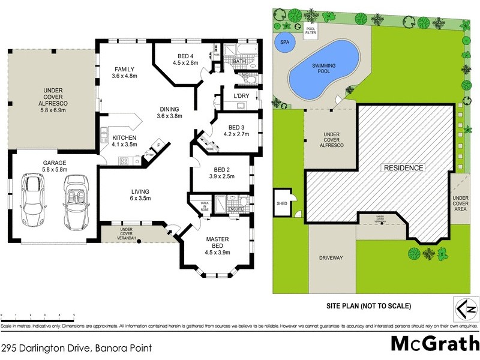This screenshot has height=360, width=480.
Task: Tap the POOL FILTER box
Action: (x=310, y=31)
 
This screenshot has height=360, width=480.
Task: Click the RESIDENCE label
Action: (x=404, y=168)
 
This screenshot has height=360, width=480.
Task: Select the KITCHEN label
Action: (x=124, y=141)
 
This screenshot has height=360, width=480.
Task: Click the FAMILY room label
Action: (x=125, y=73)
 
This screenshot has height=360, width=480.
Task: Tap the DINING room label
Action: (x=169, y=112)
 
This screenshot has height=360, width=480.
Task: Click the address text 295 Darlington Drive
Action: (x=76, y=348)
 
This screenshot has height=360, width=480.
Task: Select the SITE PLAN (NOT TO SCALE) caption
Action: (x=368, y=306)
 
